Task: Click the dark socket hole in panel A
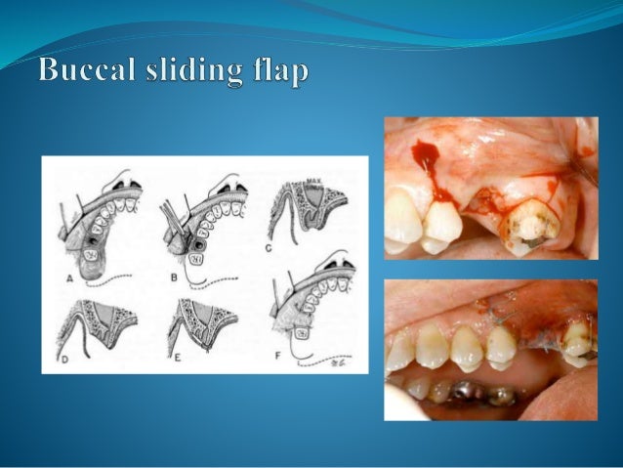click(x=94, y=234)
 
